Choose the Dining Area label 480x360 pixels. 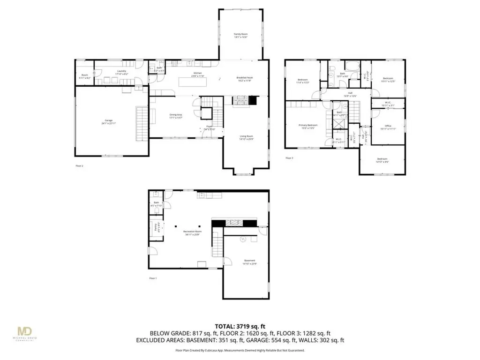[176, 116]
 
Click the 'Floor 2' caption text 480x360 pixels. [79, 166]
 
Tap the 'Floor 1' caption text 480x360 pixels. [153, 278]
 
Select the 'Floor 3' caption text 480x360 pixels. [289, 158]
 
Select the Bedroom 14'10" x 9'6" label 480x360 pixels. [382, 160]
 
